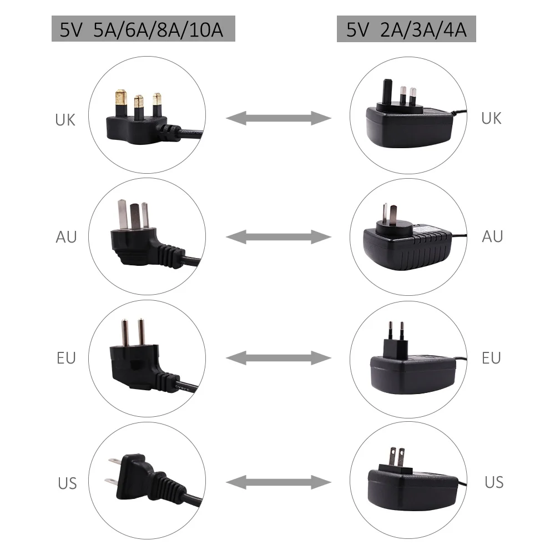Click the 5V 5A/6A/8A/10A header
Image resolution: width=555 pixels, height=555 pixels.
(143, 29)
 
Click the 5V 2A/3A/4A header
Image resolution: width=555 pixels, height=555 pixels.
(406, 29)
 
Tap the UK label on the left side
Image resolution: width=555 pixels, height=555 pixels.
(65, 119)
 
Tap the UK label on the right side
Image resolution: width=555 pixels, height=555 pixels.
(491, 118)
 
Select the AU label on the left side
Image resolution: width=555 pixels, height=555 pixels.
(66, 237)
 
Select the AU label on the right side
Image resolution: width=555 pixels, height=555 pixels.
(492, 236)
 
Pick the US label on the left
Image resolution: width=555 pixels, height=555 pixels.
(67, 483)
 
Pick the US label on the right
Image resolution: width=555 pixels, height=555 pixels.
(493, 482)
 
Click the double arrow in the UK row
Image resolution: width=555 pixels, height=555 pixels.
(278, 118)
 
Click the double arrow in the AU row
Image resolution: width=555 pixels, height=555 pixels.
(278, 238)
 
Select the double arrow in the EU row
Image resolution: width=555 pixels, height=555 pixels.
(278, 358)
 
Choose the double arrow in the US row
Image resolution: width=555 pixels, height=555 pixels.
(278, 481)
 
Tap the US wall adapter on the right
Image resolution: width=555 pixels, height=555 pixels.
(408, 477)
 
